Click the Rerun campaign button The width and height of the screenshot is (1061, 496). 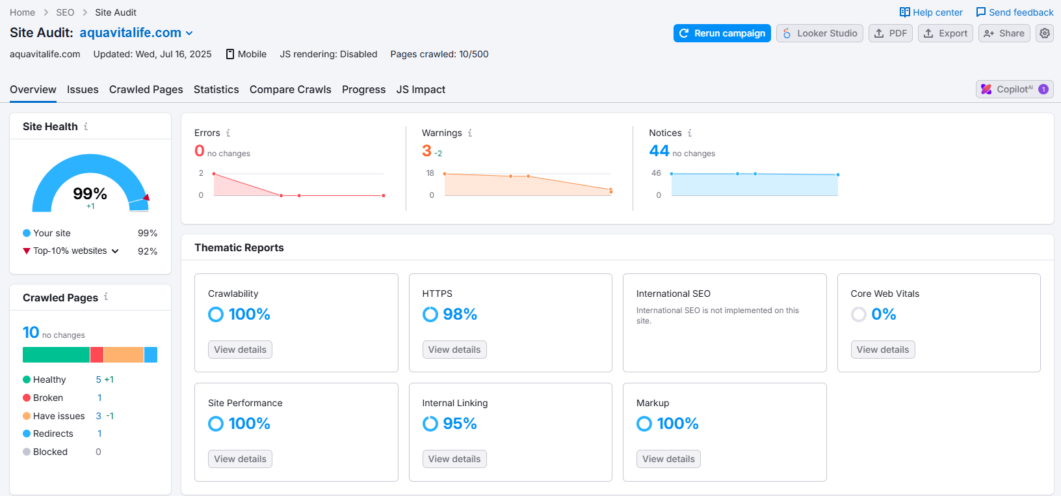(x=722, y=33)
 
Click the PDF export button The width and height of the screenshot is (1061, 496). (x=890, y=33)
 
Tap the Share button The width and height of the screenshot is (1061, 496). (x=1004, y=33)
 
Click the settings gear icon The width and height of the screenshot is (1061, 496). (x=1044, y=33)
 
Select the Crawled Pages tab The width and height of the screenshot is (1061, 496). (x=146, y=89)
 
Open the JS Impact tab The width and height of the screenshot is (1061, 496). (x=421, y=89)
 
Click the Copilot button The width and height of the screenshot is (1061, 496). (x=1014, y=89)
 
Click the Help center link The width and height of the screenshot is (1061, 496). (x=931, y=12)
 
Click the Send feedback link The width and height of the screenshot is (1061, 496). (x=1014, y=12)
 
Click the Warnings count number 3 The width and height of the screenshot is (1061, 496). (x=426, y=151)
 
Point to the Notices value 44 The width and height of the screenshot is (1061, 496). (x=659, y=151)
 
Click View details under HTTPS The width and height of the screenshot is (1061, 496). (x=454, y=350)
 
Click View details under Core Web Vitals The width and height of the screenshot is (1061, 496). (x=882, y=350)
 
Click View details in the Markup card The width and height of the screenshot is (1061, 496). (x=668, y=459)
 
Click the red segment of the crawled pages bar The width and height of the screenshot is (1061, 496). (x=97, y=355)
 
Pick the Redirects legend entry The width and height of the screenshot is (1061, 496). (x=53, y=434)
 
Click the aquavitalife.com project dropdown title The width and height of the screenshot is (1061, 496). (x=136, y=33)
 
